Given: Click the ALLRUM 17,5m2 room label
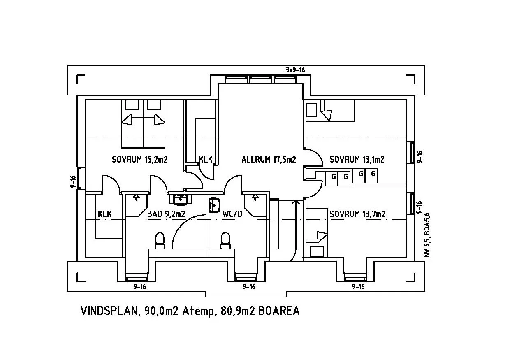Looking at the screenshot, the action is click(x=269, y=159).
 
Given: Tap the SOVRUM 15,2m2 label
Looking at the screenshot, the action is click(x=139, y=159).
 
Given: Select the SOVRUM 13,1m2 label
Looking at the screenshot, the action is click(x=357, y=159).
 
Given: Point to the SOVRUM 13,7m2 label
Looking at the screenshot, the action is click(x=357, y=214).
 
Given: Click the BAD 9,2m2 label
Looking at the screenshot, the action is click(x=166, y=214).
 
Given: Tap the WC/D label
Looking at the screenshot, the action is click(x=232, y=214).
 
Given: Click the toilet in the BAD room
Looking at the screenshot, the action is click(x=160, y=240).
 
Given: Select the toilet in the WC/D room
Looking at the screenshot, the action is click(x=225, y=240).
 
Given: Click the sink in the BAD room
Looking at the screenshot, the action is click(x=180, y=200).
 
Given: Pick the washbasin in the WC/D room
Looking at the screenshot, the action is click(x=214, y=205).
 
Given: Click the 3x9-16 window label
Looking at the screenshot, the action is click(x=295, y=70).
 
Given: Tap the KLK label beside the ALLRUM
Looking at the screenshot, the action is click(x=206, y=159).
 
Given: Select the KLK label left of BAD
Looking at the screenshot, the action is click(x=105, y=214).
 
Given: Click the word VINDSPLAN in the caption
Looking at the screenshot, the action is click(x=109, y=311).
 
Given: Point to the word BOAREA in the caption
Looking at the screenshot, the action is click(x=279, y=311).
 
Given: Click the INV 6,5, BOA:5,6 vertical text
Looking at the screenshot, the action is click(x=427, y=235).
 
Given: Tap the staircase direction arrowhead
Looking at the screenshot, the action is click(x=296, y=202).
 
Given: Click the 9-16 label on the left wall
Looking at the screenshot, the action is click(x=73, y=181).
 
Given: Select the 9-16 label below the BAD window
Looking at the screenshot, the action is click(x=139, y=286).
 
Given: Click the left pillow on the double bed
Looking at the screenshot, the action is click(x=132, y=105).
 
